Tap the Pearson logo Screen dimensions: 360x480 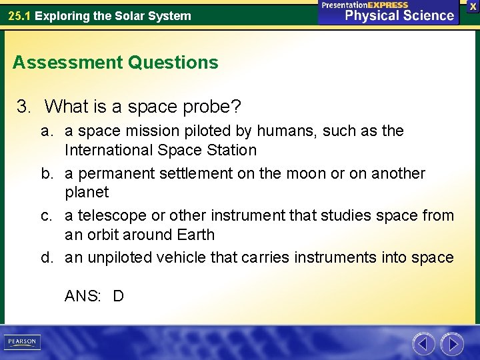point(21,342)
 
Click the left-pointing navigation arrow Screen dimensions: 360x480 point(423,344)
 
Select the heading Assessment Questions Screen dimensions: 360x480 point(115,63)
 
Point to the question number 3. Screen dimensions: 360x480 point(24,107)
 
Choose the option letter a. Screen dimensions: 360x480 point(46,131)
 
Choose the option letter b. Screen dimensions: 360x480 point(47,173)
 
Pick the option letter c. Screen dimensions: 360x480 point(46,215)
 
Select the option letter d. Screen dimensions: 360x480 point(47,257)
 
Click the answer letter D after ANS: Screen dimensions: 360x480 point(118,296)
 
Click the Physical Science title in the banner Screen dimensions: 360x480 point(399,15)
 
